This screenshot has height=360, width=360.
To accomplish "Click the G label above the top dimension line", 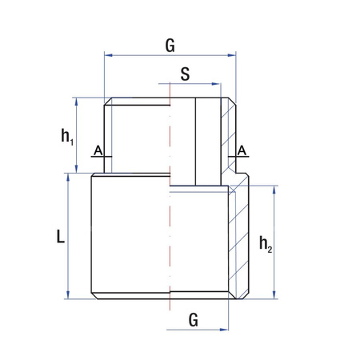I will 170,45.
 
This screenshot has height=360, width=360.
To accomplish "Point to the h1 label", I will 67,136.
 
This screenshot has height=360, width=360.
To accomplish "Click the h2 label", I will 267,244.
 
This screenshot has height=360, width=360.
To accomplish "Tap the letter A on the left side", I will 97,150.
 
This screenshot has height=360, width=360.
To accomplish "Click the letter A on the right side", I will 242,150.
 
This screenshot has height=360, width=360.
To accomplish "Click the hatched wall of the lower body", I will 238,240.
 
